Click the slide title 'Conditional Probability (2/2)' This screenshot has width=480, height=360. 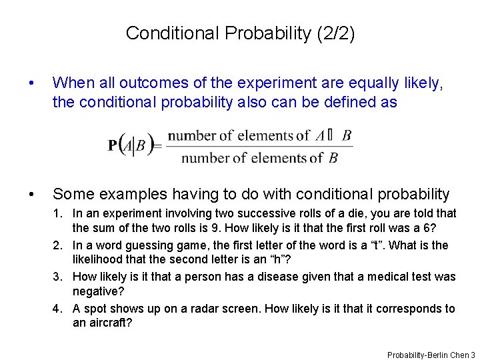(240, 33)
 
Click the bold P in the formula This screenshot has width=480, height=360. (114, 145)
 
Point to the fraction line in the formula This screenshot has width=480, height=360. (259, 147)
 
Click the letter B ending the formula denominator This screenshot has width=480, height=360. (333, 158)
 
